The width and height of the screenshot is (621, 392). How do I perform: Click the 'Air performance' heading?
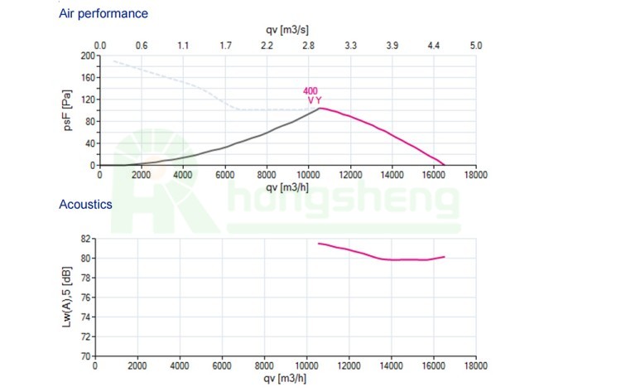pyautogui.click(x=103, y=14)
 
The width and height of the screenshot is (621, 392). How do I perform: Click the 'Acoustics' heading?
pyautogui.click(x=85, y=204)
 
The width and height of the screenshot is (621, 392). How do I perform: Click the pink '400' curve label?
pyautogui.click(x=310, y=91)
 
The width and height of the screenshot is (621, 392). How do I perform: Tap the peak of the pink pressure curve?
pyautogui.click(x=320, y=108)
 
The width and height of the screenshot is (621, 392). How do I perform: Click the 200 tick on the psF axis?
pyautogui.click(x=88, y=56)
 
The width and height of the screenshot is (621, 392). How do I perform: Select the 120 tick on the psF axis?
pyautogui.click(x=88, y=100)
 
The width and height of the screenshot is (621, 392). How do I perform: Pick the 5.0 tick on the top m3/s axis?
pyautogui.click(x=475, y=46)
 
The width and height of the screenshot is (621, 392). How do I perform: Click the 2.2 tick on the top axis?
pyautogui.click(x=267, y=46)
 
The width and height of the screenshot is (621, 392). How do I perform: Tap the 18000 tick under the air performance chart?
pyautogui.click(x=475, y=176)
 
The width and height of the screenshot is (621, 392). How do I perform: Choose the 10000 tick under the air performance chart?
pyautogui.click(x=308, y=176)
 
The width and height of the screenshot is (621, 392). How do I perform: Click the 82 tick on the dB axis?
pyautogui.click(x=84, y=239)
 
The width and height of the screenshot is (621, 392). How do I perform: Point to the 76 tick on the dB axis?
pyautogui.click(x=84, y=298)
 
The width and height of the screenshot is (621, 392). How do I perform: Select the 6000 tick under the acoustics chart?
pyautogui.click(x=222, y=366)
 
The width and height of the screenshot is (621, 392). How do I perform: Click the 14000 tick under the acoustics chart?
pyautogui.click(x=392, y=366)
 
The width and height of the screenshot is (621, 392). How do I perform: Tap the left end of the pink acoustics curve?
pyautogui.click(x=320, y=243)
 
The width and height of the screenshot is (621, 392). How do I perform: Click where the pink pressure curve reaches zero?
pyautogui.click(x=445, y=165)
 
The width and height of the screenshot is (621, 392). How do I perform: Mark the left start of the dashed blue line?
pyautogui.click(x=113, y=60)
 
